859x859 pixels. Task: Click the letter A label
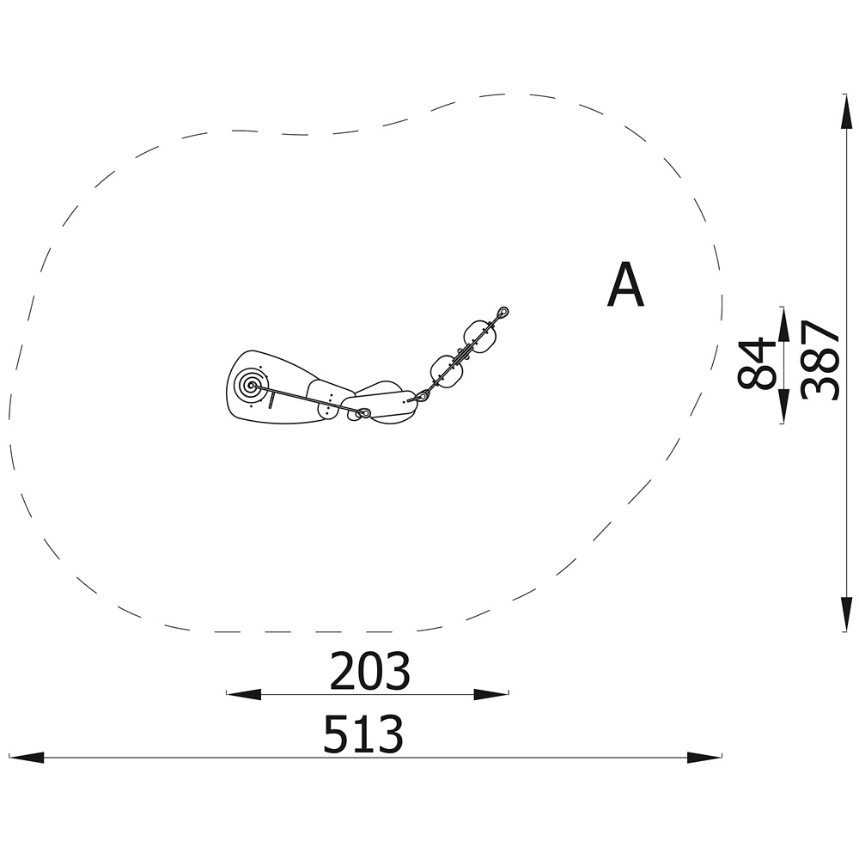(625, 285)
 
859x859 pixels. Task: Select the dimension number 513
(363, 734)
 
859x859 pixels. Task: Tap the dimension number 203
(369, 671)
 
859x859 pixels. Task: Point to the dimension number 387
(819, 361)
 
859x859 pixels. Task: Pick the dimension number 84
(757, 363)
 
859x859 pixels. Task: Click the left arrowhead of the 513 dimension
(27, 758)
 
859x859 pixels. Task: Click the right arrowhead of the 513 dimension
(704, 758)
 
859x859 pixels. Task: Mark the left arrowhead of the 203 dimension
(244, 694)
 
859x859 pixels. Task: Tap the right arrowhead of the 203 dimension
(491, 694)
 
